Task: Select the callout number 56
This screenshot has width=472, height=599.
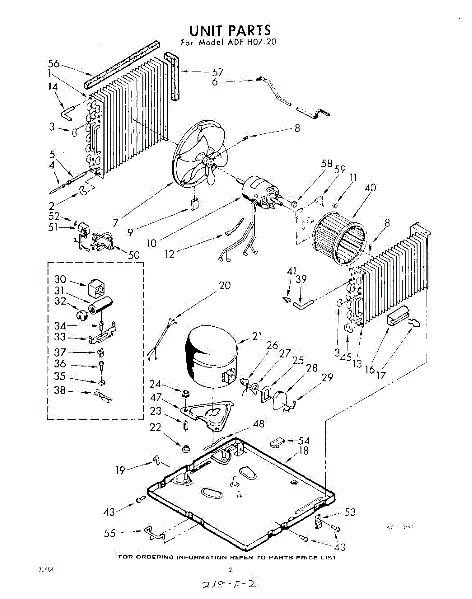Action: click(x=54, y=63)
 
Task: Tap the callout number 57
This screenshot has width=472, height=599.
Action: click(x=218, y=72)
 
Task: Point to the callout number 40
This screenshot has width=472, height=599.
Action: click(x=370, y=188)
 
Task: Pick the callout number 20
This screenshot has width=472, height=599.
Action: click(x=225, y=285)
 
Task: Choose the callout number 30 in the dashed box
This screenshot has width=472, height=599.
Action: click(x=60, y=279)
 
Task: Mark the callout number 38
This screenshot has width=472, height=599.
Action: click(x=60, y=391)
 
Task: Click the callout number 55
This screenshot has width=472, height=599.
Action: click(x=110, y=533)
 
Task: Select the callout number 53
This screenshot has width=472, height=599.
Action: click(x=350, y=512)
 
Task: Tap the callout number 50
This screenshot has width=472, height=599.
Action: click(x=133, y=255)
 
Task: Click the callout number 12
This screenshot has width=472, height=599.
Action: click(x=170, y=254)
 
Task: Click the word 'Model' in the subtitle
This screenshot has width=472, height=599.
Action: click(x=212, y=42)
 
